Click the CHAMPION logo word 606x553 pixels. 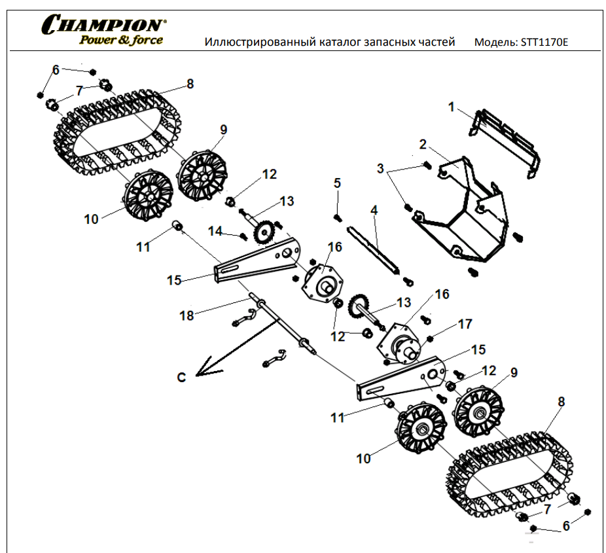(x=103, y=24)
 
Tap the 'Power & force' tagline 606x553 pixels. (x=121, y=40)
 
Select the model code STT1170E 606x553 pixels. (x=544, y=42)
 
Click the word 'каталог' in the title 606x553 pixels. (x=340, y=42)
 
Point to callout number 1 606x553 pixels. (x=451, y=107)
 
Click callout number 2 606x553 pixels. (x=423, y=144)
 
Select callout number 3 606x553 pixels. (x=381, y=168)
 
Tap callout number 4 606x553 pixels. (x=374, y=210)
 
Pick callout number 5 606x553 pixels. (x=338, y=183)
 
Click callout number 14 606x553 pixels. (x=215, y=231)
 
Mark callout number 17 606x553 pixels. (x=465, y=324)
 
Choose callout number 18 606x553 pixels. (x=187, y=315)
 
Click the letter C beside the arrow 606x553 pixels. (x=181, y=377)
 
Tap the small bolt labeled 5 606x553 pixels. (x=338, y=217)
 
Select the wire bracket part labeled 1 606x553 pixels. (x=505, y=143)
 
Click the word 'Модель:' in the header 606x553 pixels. (x=496, y=42)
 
